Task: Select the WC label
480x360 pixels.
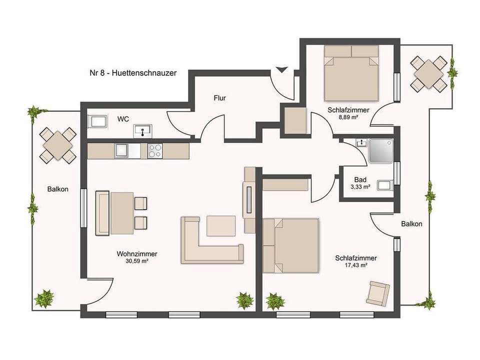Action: [123, 119]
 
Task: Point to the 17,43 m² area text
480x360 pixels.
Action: [355, 265]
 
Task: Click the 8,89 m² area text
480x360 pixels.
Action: [348, 117]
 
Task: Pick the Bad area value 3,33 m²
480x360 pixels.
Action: [360, 187]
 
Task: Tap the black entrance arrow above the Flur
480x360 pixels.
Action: [282, 69]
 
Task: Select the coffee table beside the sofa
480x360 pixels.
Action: [221, 225]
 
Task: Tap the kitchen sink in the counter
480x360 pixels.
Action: [122, 149]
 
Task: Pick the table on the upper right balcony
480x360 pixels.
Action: [428, 73]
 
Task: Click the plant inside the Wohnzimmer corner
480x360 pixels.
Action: [244, 300]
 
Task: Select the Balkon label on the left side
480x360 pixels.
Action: [58, 189]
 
